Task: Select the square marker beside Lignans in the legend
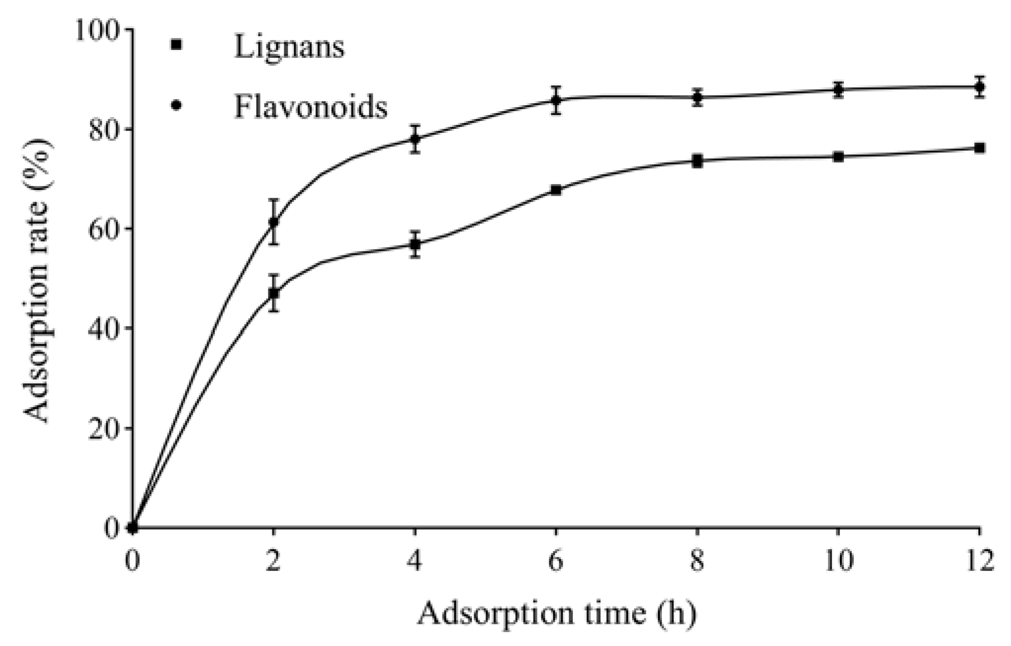[x=176, y=45]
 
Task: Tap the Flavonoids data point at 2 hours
[x=273, y=222]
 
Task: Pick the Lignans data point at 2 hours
[x=273, y=293]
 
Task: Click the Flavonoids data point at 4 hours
[x=415, y=139]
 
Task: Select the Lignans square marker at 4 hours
[x=415, y=244]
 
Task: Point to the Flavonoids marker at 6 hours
[x=556, y=100]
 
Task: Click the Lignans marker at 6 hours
[x=556, y=190]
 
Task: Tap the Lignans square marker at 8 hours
[x=698, y=161]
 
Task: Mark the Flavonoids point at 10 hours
[x=838, y=90]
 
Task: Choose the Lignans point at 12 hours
[x=979, y=148]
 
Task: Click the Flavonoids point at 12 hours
[x=979, y=87]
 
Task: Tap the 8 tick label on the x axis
[x=698, y=562]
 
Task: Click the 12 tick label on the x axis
[x=979, y=562]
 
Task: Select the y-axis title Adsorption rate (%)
[x=37, y=279]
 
